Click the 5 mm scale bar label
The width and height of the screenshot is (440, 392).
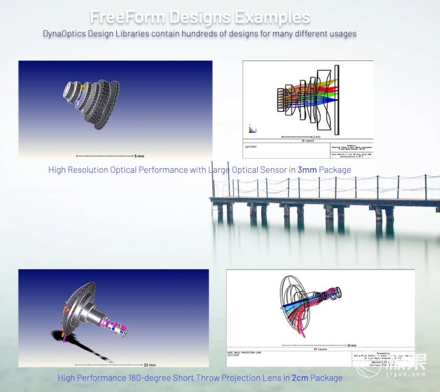[x=139, y=157]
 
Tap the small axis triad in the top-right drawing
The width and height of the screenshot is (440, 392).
[x=252, y=128]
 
